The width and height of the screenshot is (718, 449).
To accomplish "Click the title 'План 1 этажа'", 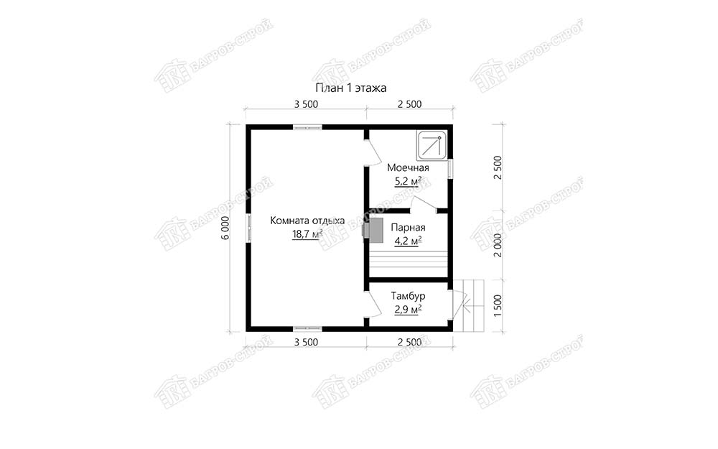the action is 351,88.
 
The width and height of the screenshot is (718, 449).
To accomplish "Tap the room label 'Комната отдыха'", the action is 307,221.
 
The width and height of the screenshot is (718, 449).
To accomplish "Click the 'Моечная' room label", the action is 408,167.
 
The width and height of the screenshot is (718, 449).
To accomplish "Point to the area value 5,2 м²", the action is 408,182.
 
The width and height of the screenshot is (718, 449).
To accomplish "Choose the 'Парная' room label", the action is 408,228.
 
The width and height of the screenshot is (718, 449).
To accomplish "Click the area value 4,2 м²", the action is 408,241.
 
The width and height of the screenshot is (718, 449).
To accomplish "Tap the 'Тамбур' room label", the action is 408,296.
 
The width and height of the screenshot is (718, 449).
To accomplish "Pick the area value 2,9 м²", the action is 408,310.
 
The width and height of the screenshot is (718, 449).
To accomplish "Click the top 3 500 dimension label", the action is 306,104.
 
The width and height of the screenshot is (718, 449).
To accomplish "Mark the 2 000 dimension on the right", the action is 498,245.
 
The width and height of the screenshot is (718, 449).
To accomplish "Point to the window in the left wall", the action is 248,228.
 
